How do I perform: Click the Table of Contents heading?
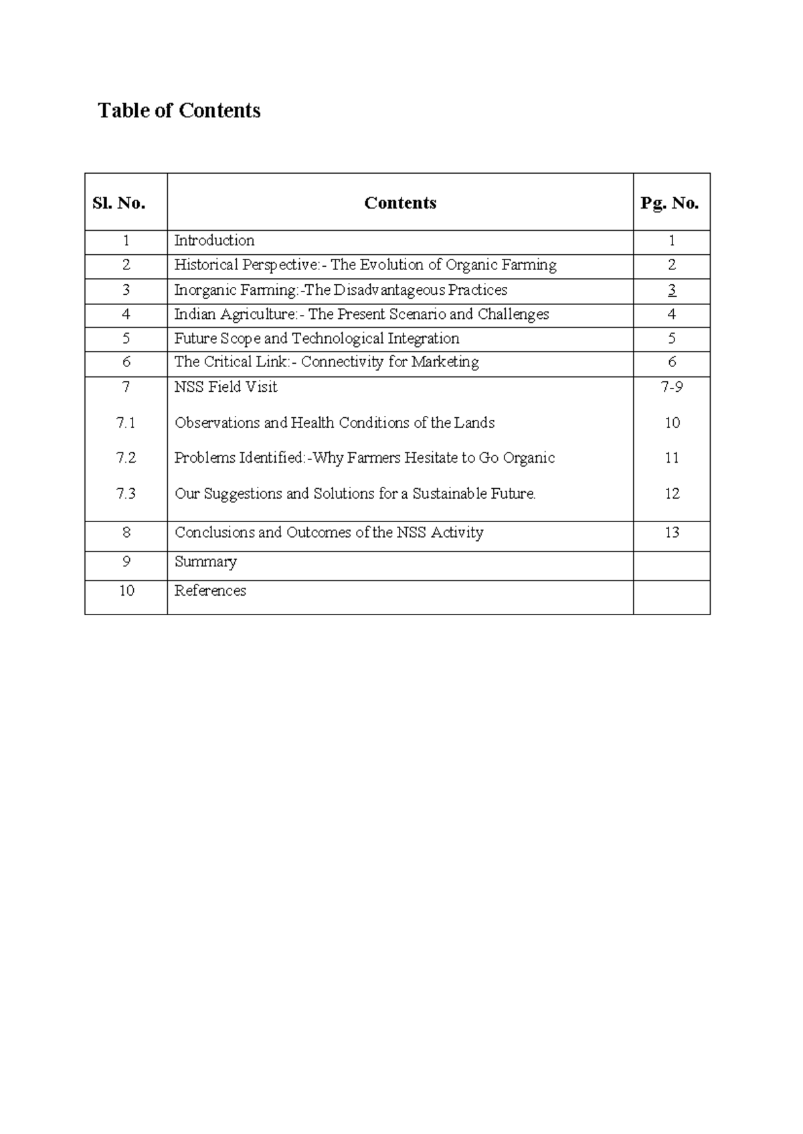click(x=179, y=110)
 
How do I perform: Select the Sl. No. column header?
click(x=119, y=203)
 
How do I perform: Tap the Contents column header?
click(x=400, y=203)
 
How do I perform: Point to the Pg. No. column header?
click(x=670, y=203)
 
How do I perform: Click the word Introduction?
click(x=214, y=241)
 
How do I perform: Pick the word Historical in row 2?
click(x=206, y=265)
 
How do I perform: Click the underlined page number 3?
click(x=672, y=290)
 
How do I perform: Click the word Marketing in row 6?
click(x=445, y=362)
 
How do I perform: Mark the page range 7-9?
click(x=672, y=387)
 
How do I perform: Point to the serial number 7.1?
click(x=126, y=423)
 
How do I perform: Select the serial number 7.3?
click(x=126, y=494)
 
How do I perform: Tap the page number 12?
click(x=672, y=494)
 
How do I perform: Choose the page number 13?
click(x=672, y=533)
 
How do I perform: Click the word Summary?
click(x=205, y=562)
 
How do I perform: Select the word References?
click(x=210, y=591)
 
